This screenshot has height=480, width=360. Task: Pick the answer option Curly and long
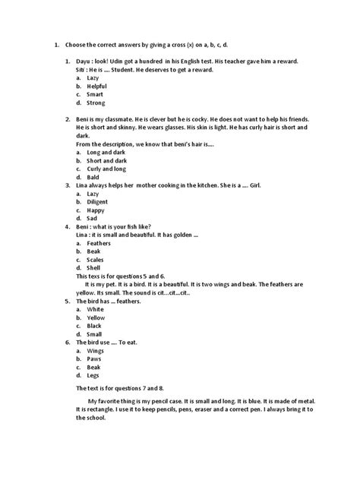pos(105,169)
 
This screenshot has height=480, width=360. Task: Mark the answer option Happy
pos(96,211)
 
